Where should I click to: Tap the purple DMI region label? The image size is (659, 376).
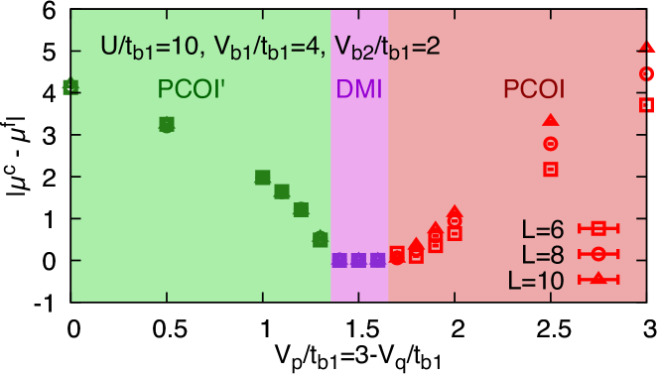pyautogui.click(x=358, y=90)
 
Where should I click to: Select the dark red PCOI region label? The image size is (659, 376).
pyautogui.click(x=534, y=90)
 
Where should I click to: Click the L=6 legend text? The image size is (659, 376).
pyautogui.click(x=545, y=228)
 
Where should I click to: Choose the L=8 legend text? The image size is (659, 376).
pyautogui.click(x=545, y=254)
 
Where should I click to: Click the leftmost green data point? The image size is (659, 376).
pyautogui.click(x=70, y=87)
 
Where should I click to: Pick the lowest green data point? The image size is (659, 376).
pyautogui.click(x=320, y=239)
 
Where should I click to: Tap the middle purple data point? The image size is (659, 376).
pyautogui.click(x=358, y=260)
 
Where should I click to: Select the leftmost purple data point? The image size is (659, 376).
pyautogui.click(x=339, y=260)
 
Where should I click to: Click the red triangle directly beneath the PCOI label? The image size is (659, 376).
pyautogui.click(x=551, y=120)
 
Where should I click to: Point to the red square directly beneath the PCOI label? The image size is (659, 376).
pyautogui.click(x=551, y=169)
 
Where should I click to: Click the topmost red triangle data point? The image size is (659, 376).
pyautogui.click(x=646, y=47)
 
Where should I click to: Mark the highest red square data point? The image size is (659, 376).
pyautogui.click(x=646, y=104)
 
